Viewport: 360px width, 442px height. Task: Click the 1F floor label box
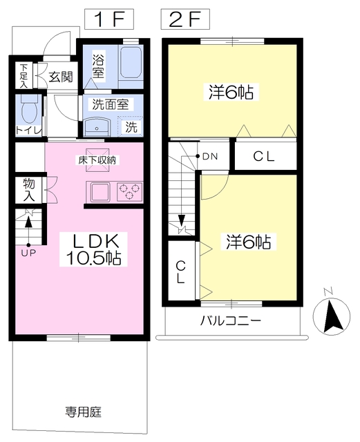click(x=110, y=20)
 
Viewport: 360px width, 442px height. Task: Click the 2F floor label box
click(x=185, y=20)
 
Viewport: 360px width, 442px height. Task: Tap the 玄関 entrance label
click(x=59, y=77)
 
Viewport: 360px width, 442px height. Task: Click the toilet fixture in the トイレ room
click(x=30, y=110)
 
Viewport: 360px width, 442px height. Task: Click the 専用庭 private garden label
click(x=84, y=413)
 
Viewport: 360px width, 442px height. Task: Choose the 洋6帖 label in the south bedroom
click(x=248, y=243)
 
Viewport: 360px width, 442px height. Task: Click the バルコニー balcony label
click(x=231, y=321)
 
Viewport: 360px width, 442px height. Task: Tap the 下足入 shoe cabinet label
click(x=24, y=75)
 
